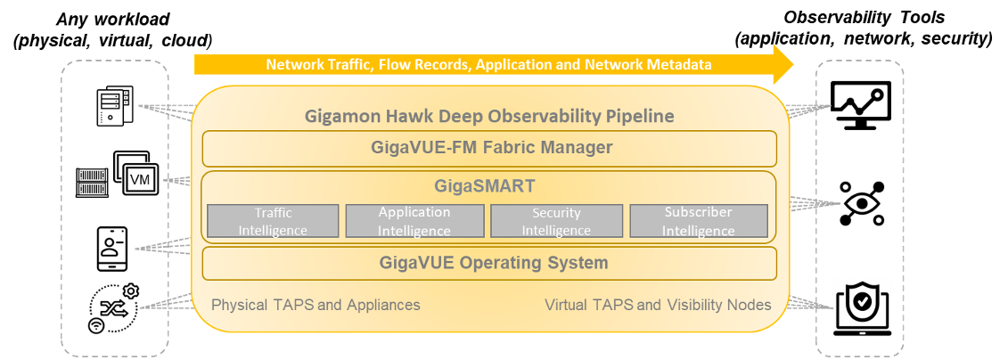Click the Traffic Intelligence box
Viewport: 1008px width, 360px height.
click(273, 221)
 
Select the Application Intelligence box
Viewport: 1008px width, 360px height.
click(414, 221)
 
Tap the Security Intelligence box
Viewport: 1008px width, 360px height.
click(556, 221)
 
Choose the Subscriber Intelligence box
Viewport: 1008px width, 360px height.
click(698, 221)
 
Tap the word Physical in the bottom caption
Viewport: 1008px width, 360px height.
click(239, 306)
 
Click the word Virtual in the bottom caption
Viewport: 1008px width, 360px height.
click(566, 306)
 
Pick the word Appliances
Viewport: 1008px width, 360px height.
click(383, 306)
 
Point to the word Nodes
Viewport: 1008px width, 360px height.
click(750, 306)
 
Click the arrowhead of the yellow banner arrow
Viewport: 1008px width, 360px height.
click(783, 64)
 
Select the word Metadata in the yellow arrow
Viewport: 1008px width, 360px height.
click(680, 65)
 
